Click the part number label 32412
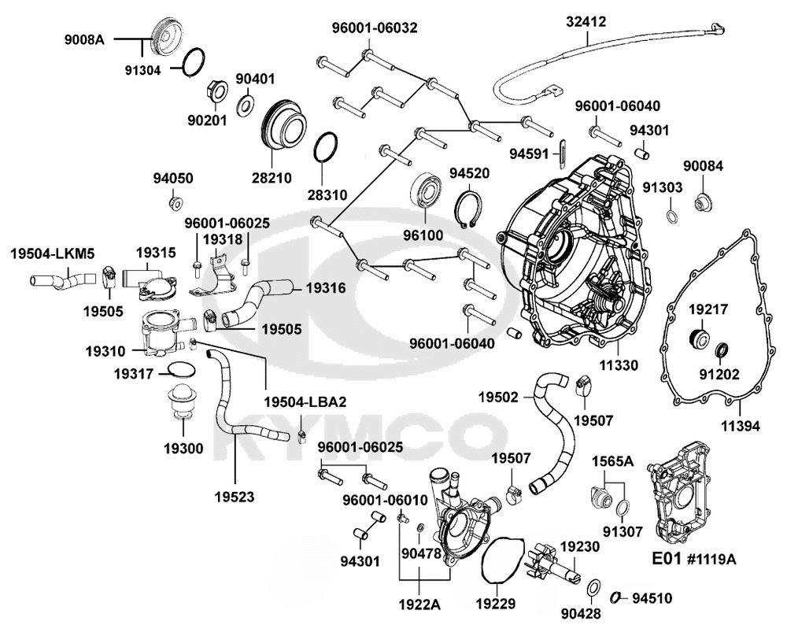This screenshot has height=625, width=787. [x=586, y=22]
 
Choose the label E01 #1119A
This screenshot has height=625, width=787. [x=693, y=559]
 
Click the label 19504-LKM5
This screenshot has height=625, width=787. [x=53, y=253]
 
